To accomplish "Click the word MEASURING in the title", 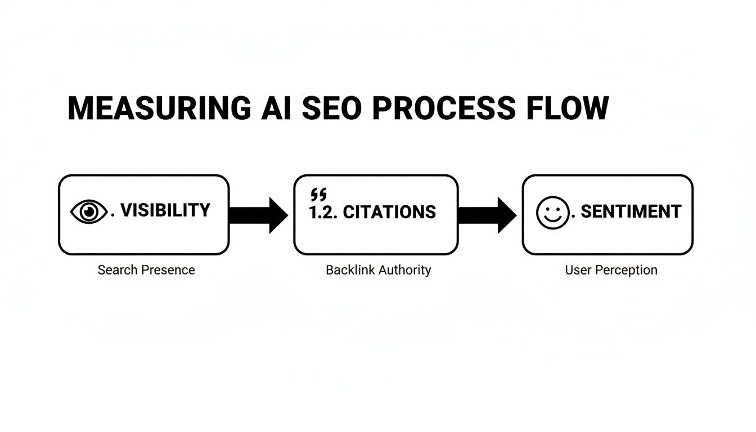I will tap(159, 109).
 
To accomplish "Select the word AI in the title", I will tap(276, 109).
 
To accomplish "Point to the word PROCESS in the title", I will tap(443, 109).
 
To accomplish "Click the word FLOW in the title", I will tap(568, 109).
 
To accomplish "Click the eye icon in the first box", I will tap(88, 212).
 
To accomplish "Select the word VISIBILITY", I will tap(165, 210).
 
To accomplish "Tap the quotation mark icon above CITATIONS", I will tap(318, 195).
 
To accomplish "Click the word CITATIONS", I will tap(389, 212).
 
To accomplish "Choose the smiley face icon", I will tap(552, 213).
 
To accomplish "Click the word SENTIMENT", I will tap(631, 211).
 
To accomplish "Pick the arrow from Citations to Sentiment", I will tap(487, 215).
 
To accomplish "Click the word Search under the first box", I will tap(118, 270).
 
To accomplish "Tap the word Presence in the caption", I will tap(168, 270).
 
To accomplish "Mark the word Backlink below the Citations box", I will tap(350, 270).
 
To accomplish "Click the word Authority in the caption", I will tap(405, 270).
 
